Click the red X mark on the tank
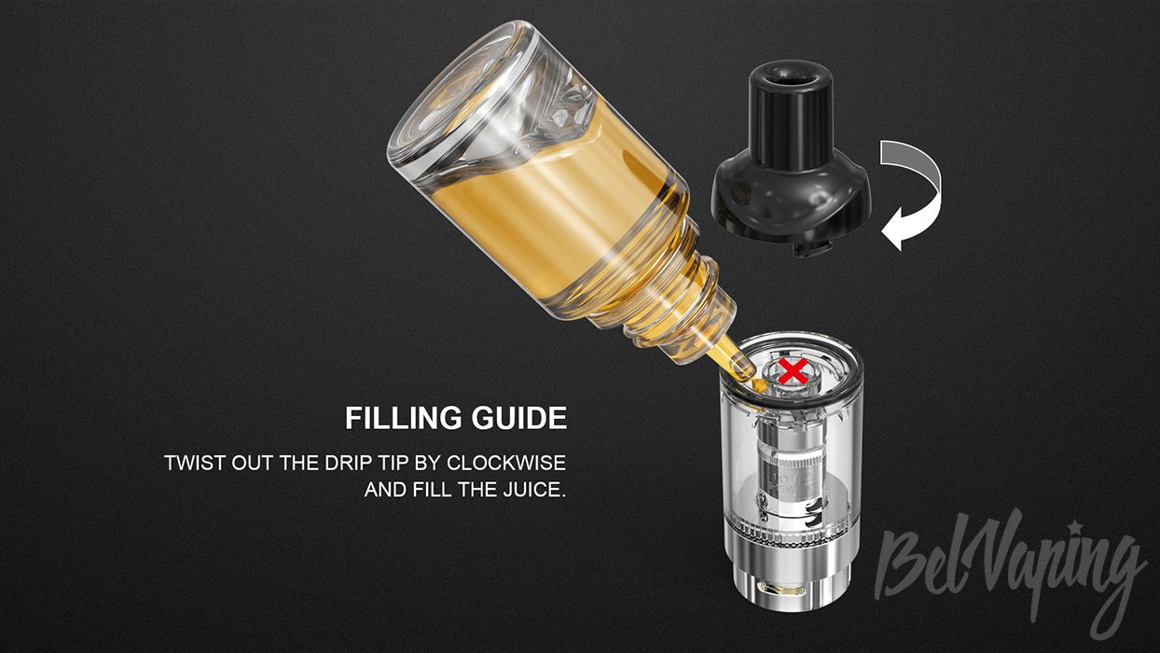point(793,372)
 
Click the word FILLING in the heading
point(404,418)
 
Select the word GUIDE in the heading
point(519,418)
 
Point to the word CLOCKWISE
point(506,463)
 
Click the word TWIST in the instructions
point(195,463)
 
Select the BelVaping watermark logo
point(1009,576)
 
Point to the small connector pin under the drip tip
point(808,249)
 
